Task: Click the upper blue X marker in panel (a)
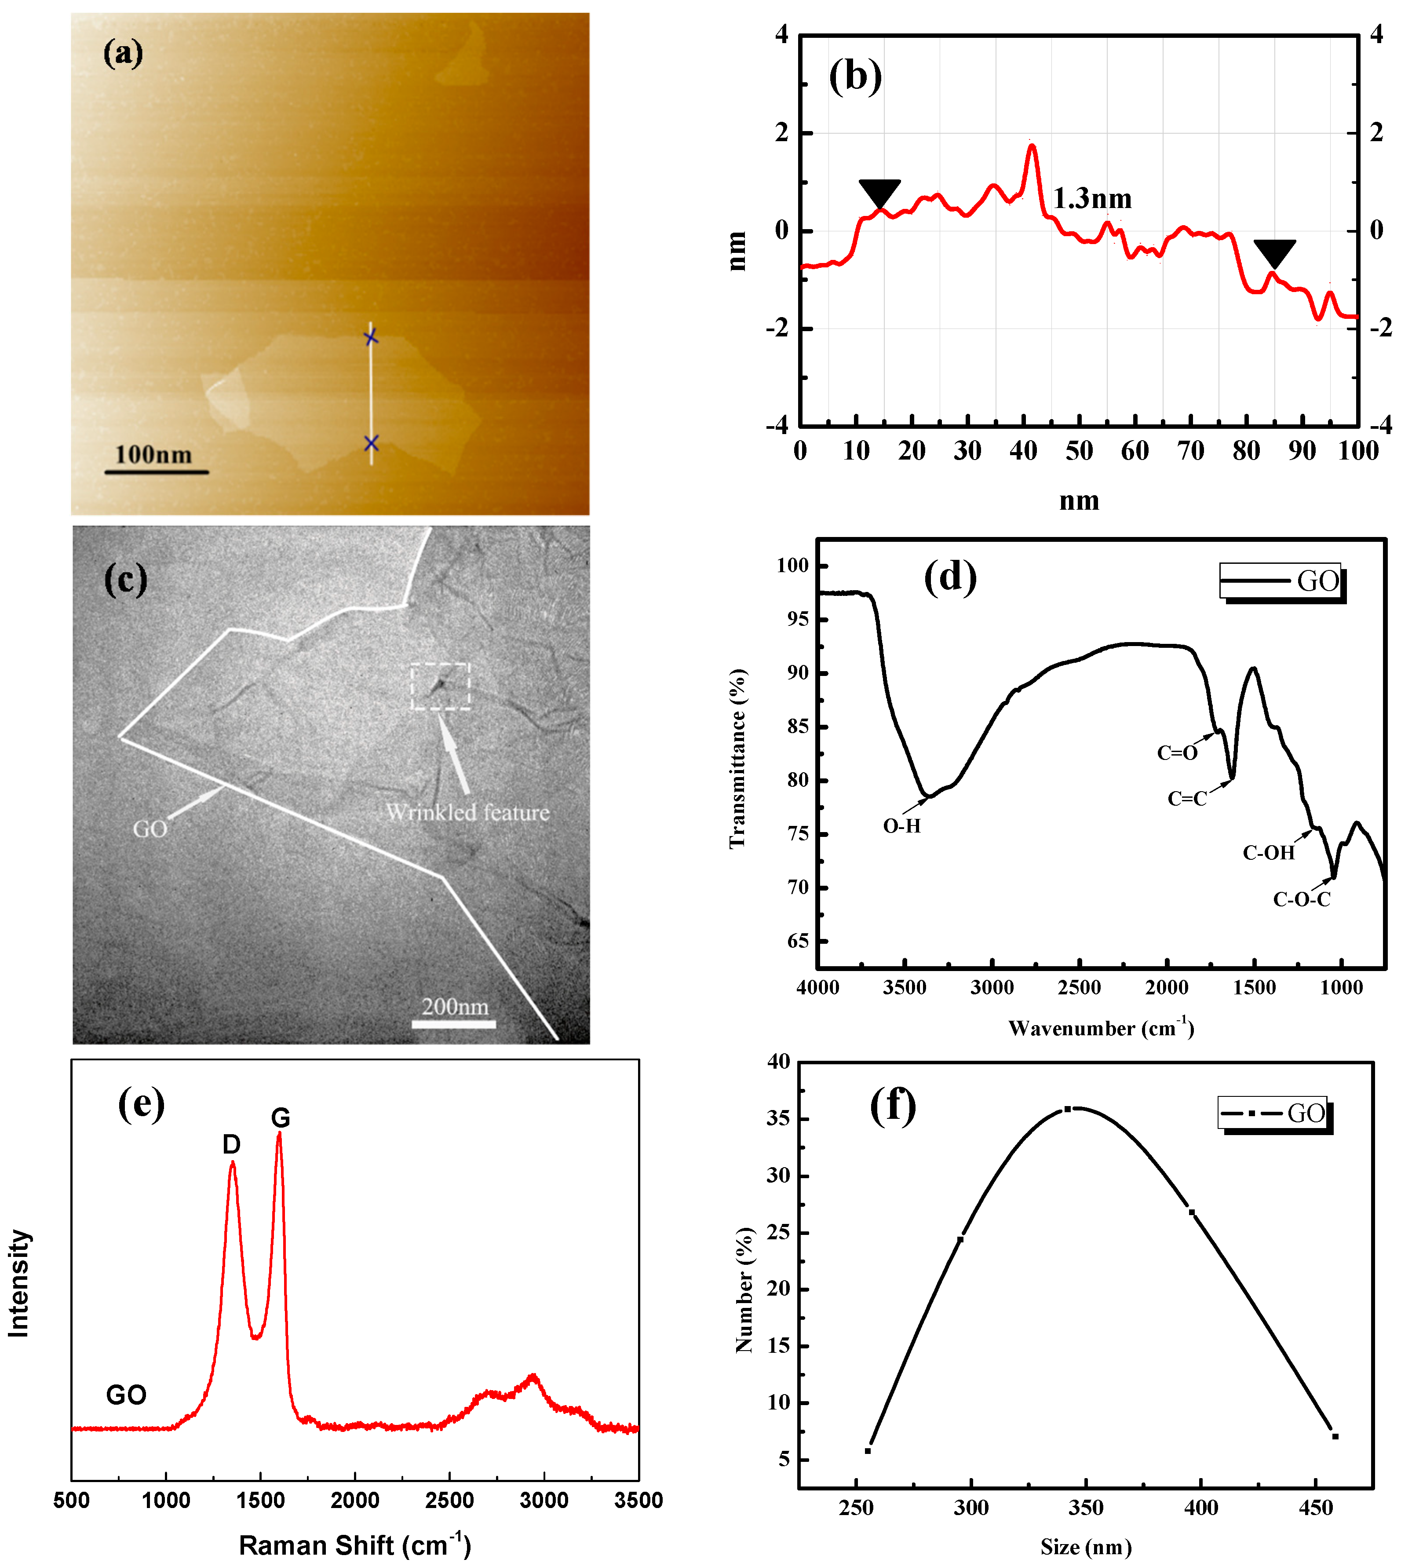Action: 371,337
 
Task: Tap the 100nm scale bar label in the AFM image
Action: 153,454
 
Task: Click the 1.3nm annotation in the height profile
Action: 1091,199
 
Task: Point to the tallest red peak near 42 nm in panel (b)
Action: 1032,146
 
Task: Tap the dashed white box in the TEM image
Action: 440,686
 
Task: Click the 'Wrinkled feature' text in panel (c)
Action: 467,812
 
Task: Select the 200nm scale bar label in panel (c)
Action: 455,1006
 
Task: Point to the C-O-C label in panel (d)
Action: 1301,899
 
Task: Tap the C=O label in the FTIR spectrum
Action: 1177,753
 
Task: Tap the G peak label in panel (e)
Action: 280,1118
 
